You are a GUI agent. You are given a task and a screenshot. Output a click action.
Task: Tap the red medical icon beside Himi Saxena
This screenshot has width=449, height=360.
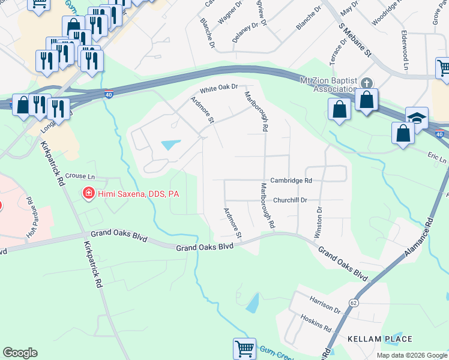pyautogui.click(x=88, y=193)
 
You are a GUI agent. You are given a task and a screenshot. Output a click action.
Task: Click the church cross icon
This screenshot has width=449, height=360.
pyautogui.click(x=367, y=83)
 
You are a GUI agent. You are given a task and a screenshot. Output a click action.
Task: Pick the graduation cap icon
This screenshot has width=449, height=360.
pyautogui.click(x=417, y=118)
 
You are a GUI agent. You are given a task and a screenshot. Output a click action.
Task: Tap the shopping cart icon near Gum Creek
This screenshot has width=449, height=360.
pyautogui.click(x=244, y=348)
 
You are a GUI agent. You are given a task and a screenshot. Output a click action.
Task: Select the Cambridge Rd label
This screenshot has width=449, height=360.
pyautogui.click(x=291, y=180)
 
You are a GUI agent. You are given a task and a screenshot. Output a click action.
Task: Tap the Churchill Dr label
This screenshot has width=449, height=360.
pyautogui.click(x=291, y=200)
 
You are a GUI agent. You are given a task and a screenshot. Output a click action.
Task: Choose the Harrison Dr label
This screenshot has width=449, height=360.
pyautogui.click(x=325, y=307)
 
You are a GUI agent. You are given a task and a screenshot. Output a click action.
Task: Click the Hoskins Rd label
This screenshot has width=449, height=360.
pyautogui.click(x=316, y=324)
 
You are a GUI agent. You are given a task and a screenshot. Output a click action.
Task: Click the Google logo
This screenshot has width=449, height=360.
pyautogui.click(x=20, y=353)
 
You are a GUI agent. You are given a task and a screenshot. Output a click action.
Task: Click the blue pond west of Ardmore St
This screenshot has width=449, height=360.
pyautogui.click(x=170, y=145)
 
